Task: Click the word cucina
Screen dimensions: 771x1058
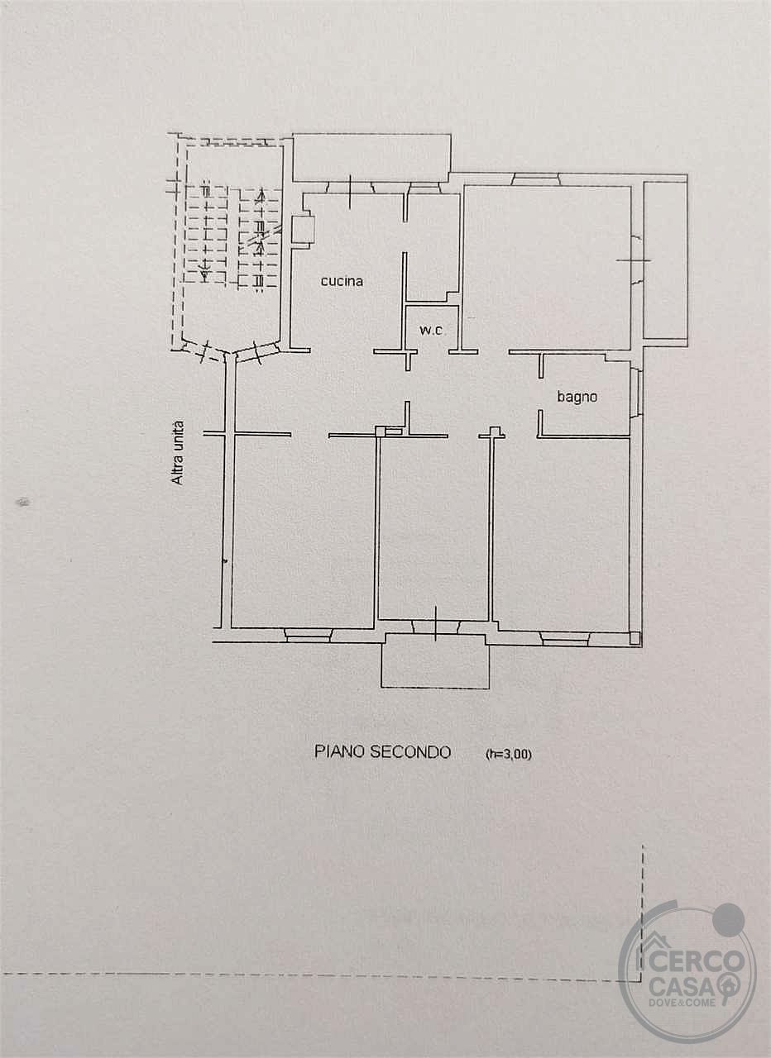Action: tap(342, 281)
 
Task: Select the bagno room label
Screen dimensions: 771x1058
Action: tap(577, 398)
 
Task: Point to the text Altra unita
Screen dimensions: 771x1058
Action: tap(178, 452)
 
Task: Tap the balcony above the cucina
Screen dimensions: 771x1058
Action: tap(371, 158)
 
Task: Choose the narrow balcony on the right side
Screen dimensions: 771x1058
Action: tap(665, 260)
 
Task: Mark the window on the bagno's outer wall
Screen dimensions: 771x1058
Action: tap(635, 388)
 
